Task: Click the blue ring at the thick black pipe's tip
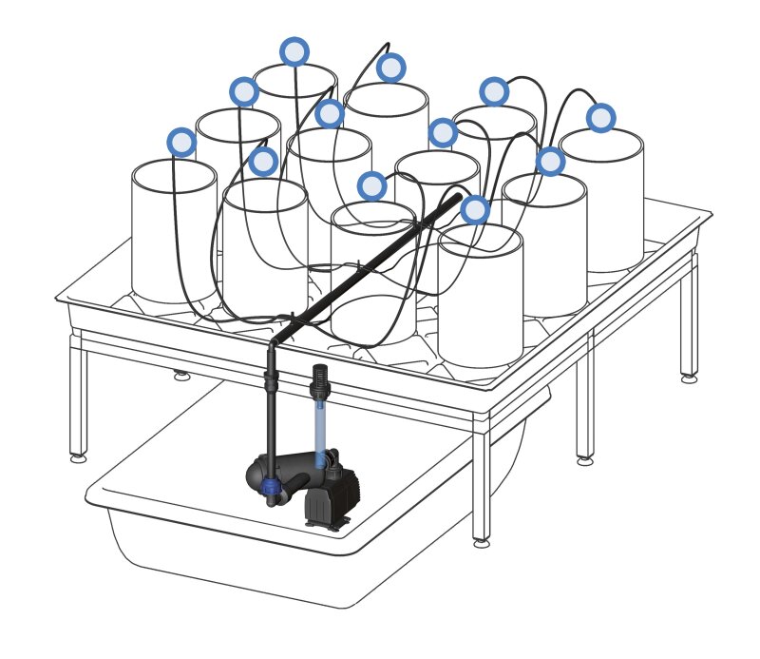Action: pos(475,209)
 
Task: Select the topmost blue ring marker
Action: pos(294,51)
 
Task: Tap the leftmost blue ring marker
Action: pos(181,143)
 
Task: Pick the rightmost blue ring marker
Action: pos(600,118)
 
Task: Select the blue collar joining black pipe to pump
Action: pos(272,487)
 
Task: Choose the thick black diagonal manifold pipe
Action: pos(370,271)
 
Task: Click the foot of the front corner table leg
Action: pos(482,542)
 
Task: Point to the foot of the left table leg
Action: pos(79,457)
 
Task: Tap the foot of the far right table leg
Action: pos(689,378)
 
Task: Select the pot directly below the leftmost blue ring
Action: pos(174,233)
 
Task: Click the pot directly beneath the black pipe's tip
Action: pos(480,295)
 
